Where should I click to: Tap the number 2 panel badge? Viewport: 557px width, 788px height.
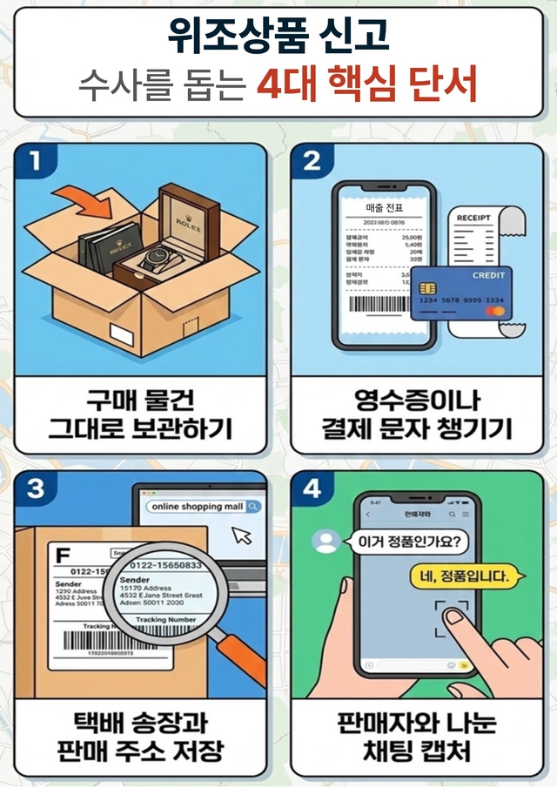[x=312, y=161]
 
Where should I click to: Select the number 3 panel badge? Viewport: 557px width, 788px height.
[x=34, y=489]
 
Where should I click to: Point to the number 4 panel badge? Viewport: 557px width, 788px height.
[x=312, y=489]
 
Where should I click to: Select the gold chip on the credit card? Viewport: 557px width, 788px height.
[x=427, y=288]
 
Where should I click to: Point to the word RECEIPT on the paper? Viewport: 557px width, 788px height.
[x=473, y=218]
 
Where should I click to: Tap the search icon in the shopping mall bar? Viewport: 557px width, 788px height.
[x=252, y=506]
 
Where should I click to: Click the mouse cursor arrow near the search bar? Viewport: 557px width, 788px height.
[x=243, y=535]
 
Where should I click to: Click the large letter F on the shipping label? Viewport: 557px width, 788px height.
[x=62, y=554]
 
